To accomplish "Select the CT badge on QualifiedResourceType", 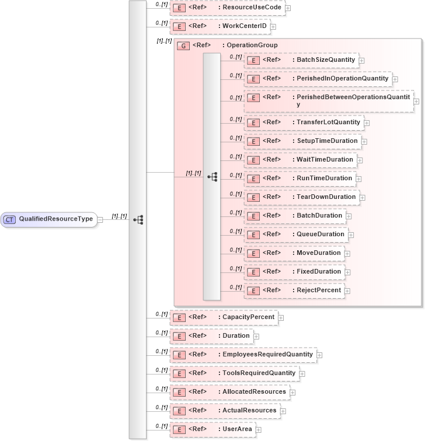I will click(x=10, y=219).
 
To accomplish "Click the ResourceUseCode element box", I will click(x=227, y=8).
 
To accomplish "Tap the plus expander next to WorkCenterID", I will click(x=273, y=27).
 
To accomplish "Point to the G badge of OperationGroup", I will click(x=183, y=45).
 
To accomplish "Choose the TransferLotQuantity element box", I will click(x=304, y=123).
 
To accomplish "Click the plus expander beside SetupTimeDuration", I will click(x=364, y=141).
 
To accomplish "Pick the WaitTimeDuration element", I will click(x=300, y=160).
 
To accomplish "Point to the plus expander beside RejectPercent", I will click(x=347, y=290).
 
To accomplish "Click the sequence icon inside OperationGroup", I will click(x=212, y=176).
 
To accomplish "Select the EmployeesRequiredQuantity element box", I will click(x=242, y=355).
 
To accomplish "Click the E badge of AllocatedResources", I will click(x=180, y=392).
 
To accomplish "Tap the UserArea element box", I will click(x=212, y=429).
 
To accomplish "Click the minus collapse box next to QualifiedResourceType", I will click(x=100, y=220).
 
